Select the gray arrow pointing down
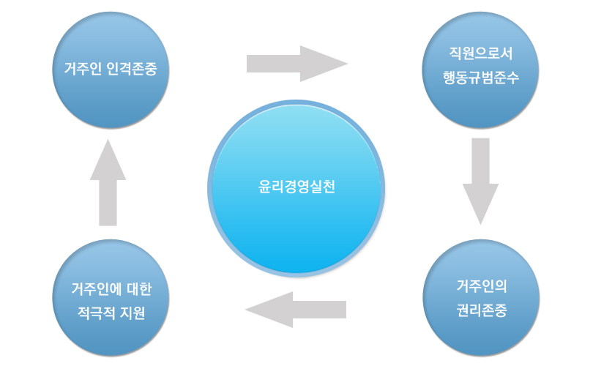point(481,179)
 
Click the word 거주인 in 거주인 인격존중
point(82,71)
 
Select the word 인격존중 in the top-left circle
point(133,71)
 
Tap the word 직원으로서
point(481,54)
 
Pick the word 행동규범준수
point(481,78)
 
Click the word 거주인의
point(481,285)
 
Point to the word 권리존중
point(481,310)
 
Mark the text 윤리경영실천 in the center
point(296,187)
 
